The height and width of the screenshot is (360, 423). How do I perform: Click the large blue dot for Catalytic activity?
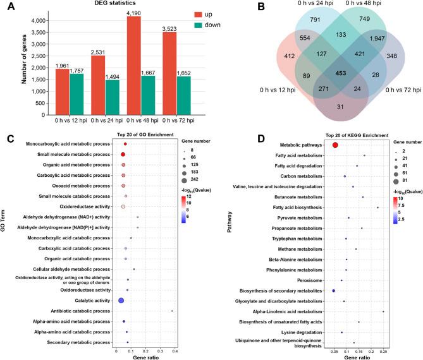[x=120, y=300]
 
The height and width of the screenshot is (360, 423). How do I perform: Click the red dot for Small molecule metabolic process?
[x=123, y=154]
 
